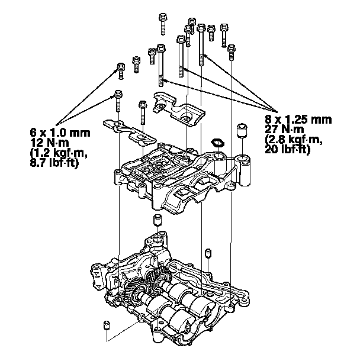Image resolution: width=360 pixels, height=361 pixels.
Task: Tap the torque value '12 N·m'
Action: click(48, 139)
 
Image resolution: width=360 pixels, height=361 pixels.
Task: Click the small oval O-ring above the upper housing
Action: click(217, 142)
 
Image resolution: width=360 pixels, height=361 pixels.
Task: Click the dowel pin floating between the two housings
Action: click(158, 221)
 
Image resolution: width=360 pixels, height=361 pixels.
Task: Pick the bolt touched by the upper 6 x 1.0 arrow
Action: click(121, 69)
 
